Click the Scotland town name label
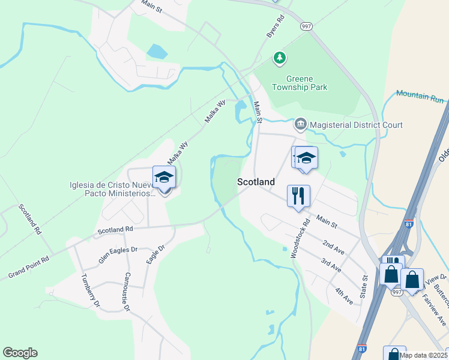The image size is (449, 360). [256, 182]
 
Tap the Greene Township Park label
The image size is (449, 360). [306, 83]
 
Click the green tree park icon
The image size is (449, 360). [279, 58]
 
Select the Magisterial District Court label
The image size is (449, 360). [357, 125]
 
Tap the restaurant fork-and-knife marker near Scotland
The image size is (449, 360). [298, 195]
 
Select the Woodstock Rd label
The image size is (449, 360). [300, 239]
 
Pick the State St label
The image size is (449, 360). [364, 286]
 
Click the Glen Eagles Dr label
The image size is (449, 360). [118, 255]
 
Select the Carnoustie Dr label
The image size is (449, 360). [126, 292]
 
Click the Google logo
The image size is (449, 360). [20, 353]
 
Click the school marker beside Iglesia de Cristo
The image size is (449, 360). [164, 177]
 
